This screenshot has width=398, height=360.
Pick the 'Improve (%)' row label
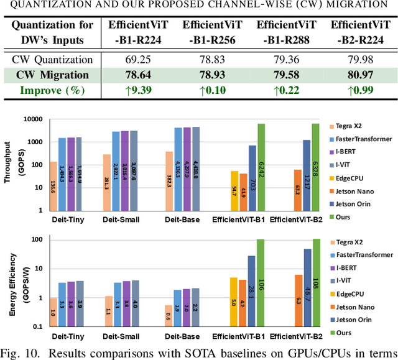53,90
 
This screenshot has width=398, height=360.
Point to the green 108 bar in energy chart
317,283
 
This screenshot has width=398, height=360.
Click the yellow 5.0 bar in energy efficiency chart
234,302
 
